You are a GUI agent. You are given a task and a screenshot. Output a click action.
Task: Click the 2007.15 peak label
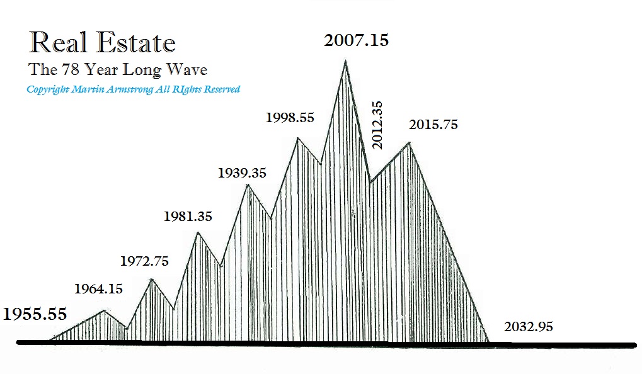(356, 42)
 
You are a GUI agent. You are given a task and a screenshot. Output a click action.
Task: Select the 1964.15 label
(98, 290)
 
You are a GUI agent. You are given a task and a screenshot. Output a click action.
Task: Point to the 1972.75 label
(144, 261)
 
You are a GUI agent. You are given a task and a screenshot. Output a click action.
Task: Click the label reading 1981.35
(188, 217)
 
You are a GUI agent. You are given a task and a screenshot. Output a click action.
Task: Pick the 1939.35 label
(242, 173)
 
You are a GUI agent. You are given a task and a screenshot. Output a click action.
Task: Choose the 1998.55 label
(290, 117)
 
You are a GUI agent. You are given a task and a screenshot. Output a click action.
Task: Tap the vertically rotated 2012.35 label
(378, 123)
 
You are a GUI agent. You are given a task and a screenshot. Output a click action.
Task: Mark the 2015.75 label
(433, 125)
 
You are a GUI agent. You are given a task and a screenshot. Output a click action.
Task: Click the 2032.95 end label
(529, 327)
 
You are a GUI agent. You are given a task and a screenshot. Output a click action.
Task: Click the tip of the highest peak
(345, 60)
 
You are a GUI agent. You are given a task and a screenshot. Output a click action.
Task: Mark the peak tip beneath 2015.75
(410, 143)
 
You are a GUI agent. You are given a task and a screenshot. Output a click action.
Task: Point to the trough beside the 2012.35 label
(371, 182)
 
